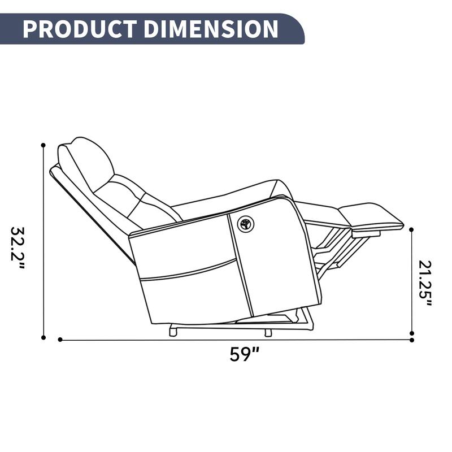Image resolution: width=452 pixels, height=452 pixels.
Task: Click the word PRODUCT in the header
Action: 79,28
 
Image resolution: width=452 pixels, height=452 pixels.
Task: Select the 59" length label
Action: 245,354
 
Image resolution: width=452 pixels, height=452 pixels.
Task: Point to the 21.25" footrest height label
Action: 425,283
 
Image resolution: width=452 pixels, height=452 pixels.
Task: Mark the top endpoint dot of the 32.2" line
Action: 43,145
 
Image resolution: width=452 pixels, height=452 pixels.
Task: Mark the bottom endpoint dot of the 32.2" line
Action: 43,337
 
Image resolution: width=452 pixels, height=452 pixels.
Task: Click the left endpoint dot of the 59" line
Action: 60,340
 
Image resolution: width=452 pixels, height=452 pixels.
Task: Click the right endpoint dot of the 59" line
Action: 412,340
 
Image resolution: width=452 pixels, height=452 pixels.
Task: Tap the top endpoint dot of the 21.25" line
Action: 411,230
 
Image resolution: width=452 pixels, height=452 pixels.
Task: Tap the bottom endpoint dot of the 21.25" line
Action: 412,333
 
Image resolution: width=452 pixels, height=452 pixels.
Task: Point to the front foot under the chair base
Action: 268,332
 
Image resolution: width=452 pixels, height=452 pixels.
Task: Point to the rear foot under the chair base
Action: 173,332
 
